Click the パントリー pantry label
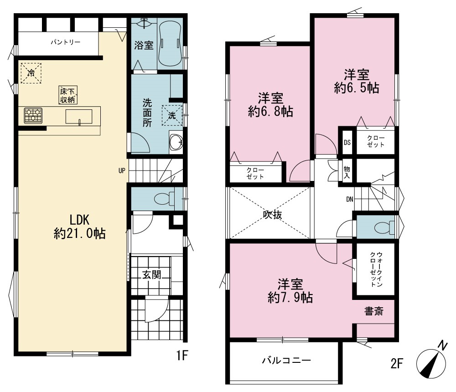click(65, 42)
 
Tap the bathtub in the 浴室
click(170, 43)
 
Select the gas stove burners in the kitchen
click(33, 115)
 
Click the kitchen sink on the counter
click(79, 117)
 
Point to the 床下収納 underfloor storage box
click(68, 95)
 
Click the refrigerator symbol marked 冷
click(31, 73)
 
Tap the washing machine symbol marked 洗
click(172, 115)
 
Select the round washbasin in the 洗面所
click(176, 142)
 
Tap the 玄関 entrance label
click(152, 275)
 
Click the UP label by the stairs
click(122, 170)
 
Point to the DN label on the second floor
click(350, 199)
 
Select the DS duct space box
click(347, 143)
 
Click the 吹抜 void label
click(273, 215)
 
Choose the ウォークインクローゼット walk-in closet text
click(376, 269)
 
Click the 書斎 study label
click(374, 311)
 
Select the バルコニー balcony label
click(286, 361)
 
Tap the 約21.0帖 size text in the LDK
click(80, 233)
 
